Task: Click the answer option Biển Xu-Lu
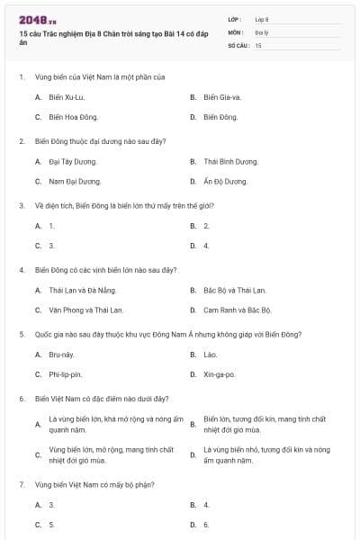coord(67,96)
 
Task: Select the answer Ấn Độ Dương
coord(225,181)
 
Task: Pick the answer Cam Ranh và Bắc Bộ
coord(237,310)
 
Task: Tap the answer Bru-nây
coord(61,354)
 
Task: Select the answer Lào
coord(211,354)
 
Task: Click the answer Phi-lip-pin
coord(66,373)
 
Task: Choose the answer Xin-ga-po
coord(219,373)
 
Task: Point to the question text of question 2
coord(88,141)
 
